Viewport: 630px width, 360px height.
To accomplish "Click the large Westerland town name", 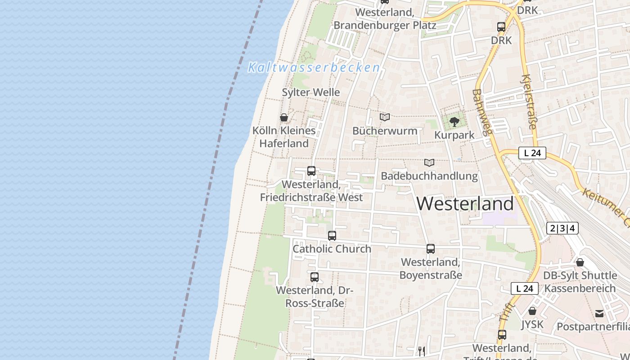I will click(x=465, y=204).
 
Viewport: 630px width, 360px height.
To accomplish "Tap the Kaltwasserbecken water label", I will click(x=314, y=68).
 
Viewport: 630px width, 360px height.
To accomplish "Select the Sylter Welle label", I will click(x=310, y=92).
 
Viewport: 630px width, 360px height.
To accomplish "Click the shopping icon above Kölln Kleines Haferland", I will click(x=284, y=118).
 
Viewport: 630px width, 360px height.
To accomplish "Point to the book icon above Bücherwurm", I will click(x=385, y=117).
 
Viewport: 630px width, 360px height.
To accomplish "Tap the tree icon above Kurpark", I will click(x=454, y=121).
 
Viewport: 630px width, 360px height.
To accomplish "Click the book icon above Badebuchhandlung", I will click(x=429, y=162).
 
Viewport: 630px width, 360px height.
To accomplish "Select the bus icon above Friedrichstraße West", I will click(x=311, y=171).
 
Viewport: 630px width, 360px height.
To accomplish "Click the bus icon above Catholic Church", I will click(x=332, y=235).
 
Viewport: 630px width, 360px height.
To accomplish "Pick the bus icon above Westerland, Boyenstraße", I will click(x=431, y=248).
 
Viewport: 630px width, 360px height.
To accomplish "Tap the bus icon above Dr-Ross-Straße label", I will click(x=315, y=277).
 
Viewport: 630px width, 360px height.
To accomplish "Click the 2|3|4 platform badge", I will click(x=562, y=228).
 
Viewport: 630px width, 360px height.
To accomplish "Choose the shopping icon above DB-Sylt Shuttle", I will click(x=580, y=262).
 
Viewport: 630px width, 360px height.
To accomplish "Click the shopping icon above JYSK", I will click(x=532, y=311).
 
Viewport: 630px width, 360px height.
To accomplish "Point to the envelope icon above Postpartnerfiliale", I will click(x=599, y=313).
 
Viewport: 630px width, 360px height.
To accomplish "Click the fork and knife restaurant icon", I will click(x=421, y=351).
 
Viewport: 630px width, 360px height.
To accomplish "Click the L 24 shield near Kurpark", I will click(x=532, y=153).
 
